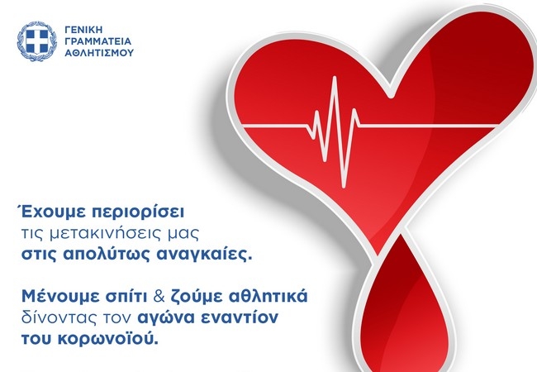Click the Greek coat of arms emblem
[36, 41]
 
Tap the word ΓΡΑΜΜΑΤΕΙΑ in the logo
[98, 41]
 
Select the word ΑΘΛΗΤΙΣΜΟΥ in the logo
[99, 53]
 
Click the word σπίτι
[126, 297]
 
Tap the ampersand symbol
[159, 297]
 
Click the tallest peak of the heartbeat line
[335, 78]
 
